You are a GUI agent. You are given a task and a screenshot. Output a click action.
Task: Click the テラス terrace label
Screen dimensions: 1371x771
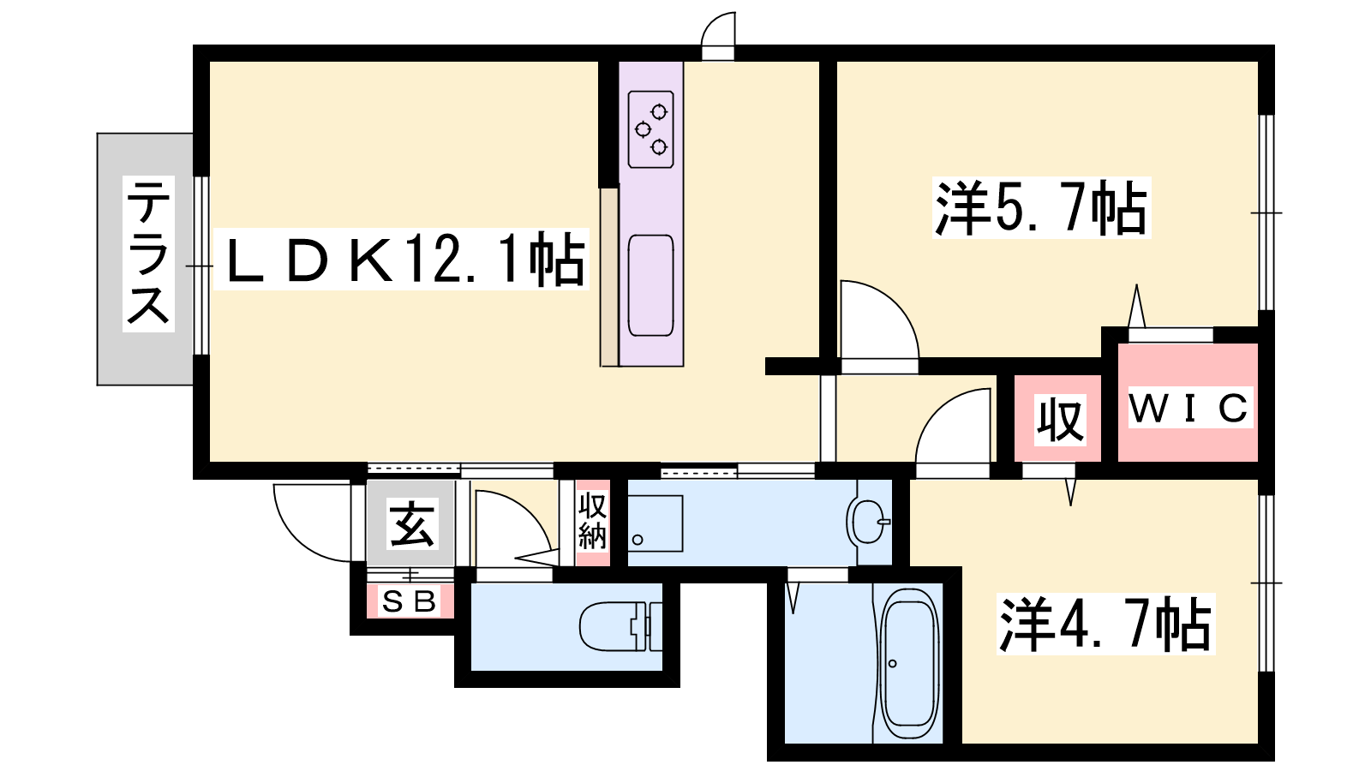(x=148, y=254)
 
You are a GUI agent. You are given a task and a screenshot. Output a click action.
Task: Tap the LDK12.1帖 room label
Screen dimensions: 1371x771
(x=402, y=259)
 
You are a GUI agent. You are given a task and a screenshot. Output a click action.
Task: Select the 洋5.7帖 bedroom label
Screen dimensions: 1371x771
(x=1041, y=207)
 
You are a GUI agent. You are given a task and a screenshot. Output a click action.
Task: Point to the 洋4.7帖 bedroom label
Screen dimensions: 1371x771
(x=1105, y=624)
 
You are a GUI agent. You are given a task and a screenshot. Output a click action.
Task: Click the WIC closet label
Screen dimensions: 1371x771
(x=1190, y=407)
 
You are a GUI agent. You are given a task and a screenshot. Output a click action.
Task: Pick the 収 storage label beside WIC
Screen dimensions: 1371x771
(x=1060, y=420)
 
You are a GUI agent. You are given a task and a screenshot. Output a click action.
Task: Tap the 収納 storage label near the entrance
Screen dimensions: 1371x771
(x=592, y=522)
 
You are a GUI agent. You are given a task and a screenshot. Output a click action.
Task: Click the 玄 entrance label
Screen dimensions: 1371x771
(x=412, y=523)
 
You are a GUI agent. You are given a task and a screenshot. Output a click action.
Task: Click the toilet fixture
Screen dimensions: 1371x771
(x=620, y=626)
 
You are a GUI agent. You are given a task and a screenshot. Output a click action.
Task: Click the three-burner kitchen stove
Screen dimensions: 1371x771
(x=650, y=129)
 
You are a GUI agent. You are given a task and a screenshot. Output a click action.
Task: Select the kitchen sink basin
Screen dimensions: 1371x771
(x=650, y=285)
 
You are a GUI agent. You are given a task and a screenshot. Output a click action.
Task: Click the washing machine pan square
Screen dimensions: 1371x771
(x=655, y=523)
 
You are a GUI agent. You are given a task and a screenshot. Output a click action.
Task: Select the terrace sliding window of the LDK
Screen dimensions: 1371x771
(x=201, y=266)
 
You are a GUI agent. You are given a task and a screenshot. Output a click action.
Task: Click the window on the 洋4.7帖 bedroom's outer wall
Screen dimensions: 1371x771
(x=1266, y=583)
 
